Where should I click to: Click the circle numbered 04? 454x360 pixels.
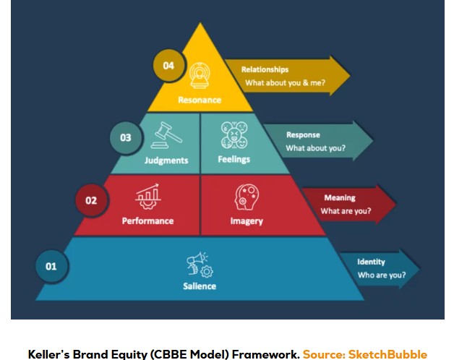coord(168,66)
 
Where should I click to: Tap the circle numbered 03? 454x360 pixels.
coord(126,137)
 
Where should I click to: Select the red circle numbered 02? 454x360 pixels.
coord(91,200)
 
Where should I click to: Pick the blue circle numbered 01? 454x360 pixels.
coord(51,266)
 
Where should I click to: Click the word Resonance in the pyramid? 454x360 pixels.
coord(199,100)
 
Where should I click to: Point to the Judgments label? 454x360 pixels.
coord(166,160)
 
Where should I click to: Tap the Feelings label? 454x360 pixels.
coord(234,159)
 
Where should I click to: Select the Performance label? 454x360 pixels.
coord(147,220)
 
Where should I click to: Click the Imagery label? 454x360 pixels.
coord(247,220)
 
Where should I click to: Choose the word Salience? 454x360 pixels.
coord(199,286)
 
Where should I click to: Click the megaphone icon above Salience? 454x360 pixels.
coord(199,264)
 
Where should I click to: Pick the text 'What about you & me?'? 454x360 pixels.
coord(285,82)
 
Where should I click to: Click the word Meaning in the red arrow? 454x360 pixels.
coord(339,197)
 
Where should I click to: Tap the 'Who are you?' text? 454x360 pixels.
coord(382,275)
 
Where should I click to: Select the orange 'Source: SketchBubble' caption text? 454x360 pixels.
coord(364,354)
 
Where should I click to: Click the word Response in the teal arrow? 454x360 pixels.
coord(303,134)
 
